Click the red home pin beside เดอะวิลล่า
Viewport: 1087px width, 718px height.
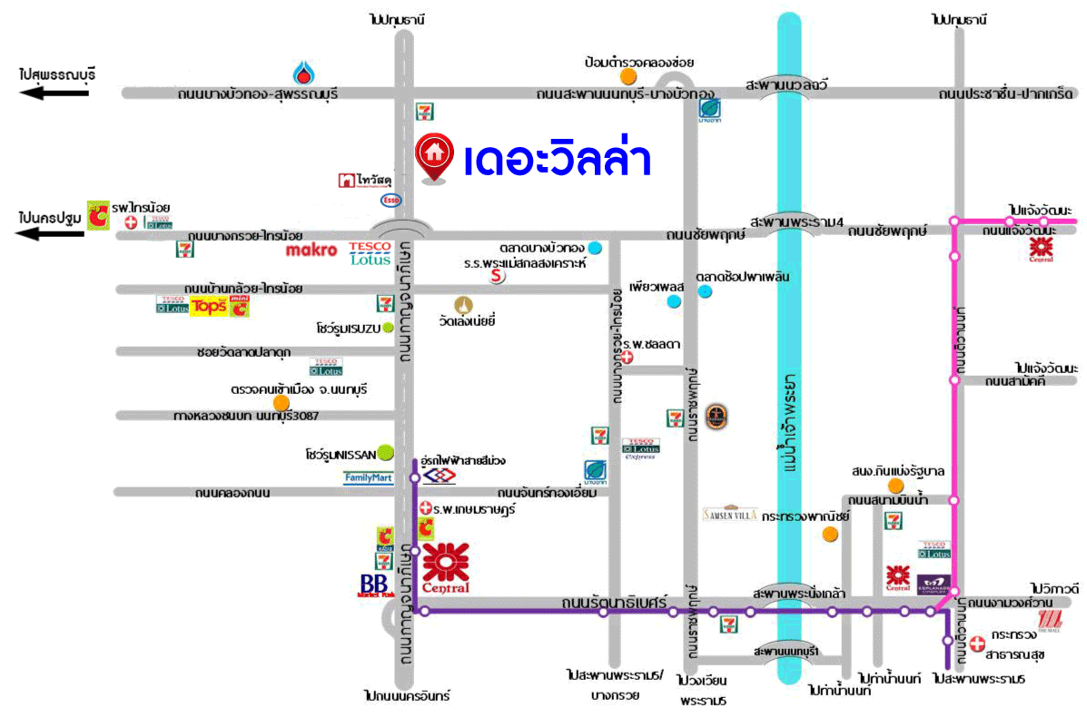point(434,157)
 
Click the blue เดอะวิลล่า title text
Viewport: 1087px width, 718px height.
point(557,161)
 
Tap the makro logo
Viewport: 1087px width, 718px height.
point(311,250)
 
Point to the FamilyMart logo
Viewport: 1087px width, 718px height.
point(368,477)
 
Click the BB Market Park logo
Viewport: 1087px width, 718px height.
point(373,585)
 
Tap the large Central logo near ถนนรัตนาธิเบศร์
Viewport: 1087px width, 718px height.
point(446,567)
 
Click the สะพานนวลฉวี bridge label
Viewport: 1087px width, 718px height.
point(787,84)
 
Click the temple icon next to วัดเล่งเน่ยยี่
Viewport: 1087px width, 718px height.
point(466,303)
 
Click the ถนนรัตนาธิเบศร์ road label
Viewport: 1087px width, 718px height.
point(627,602)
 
